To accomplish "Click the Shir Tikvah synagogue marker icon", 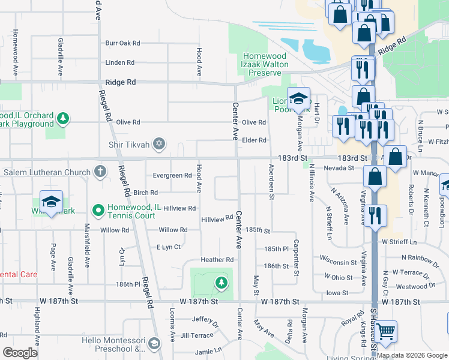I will [x=158, y=143].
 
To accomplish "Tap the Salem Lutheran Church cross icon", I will [x=100, y=172].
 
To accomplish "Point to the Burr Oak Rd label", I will [x=122, y=43].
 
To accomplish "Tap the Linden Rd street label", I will [x=119, y=62].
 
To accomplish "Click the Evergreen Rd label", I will [x=172, y=176].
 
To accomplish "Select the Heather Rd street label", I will [x=217, y=260].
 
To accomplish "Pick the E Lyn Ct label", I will [x=168, y=247].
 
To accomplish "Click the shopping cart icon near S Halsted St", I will [x=387, y=331].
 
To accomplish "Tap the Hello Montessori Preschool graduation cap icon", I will [x=154, y=344].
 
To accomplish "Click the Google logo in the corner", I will [x=20, y=353].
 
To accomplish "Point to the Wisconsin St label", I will [x=338, y=262].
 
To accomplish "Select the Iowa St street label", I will [x=337, y=293].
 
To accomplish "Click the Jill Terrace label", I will [x=196, y=335].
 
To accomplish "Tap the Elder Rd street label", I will [x=254, y=140].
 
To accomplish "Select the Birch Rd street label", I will [x=145, y=193].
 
